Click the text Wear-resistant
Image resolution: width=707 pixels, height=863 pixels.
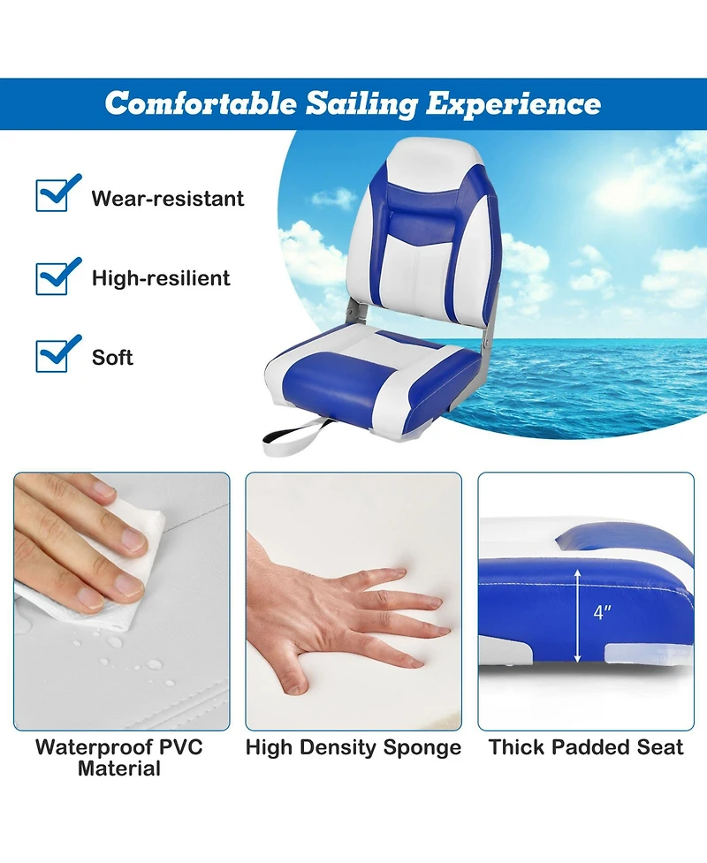click(x=168, y=198)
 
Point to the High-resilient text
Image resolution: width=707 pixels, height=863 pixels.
click(x=161, y=278)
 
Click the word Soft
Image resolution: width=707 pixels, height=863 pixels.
click(x=113, y=358)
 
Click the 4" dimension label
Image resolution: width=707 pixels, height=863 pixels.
click(x=602, y=611)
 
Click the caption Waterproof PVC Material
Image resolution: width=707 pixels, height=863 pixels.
click(x=119, y=758)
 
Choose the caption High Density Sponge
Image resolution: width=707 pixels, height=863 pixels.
click(x=353, y=748)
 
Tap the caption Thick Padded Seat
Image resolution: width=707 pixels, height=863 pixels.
click(x=586, y=747)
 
